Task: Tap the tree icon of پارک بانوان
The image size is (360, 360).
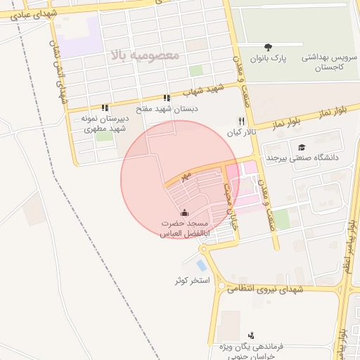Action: point(269,46)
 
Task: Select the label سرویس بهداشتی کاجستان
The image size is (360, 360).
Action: point(328,61)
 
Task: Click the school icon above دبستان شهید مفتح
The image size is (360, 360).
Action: point(167,98)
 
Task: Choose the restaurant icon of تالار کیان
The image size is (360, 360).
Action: point(242,121)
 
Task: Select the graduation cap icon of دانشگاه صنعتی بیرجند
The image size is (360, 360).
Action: point(302,147)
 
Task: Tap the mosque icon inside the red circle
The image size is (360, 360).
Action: point(184,212)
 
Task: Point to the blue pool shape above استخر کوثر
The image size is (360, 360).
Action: point(202,266)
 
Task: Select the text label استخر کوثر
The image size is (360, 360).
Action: point(193,281)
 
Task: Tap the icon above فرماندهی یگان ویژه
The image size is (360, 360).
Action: point(252,335)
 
